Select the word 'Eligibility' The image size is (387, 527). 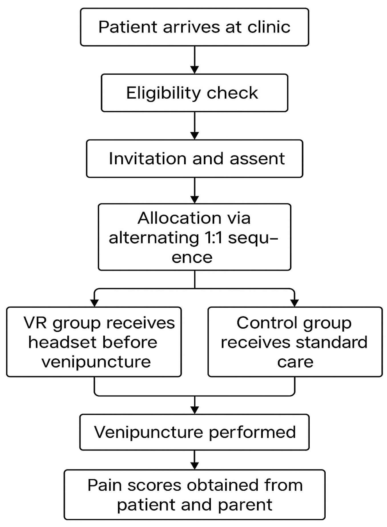click(x=163, y=93)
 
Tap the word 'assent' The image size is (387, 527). click(x=257, y=159)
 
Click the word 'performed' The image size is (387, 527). click(x=252, y=432)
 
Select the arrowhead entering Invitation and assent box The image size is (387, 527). click(x=194, y=136)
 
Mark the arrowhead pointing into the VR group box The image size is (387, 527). click(x=94, y=303)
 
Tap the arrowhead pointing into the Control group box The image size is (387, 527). click(x=294, y=303)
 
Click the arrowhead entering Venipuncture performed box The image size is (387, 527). click(x=194, y=410)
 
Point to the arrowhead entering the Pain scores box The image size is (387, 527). click(x=194, y=466)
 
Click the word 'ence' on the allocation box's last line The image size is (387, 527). click(x=192, y=258)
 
